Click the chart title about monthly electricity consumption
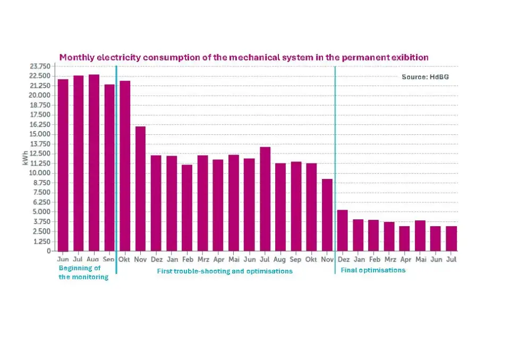243,57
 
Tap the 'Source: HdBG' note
424,77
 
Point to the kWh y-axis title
25,159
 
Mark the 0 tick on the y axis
48,251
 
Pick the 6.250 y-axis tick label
41,202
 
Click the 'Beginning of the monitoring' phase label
83,272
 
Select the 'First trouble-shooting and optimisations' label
225,271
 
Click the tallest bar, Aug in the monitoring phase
93,162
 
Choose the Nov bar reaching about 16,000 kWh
140,188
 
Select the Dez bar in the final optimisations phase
342,230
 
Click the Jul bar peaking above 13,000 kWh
265,199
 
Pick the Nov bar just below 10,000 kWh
327,215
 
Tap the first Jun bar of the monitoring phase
63,165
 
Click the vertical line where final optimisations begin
335,159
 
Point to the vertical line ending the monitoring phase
116,159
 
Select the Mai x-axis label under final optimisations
420,260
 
